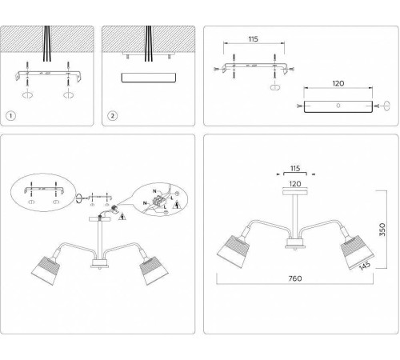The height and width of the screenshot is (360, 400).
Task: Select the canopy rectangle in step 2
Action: click(x=148, y=78)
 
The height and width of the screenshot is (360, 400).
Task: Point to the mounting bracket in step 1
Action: click(x=48, y=75)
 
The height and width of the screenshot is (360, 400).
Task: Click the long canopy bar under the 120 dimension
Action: click(x=338, y=106)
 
